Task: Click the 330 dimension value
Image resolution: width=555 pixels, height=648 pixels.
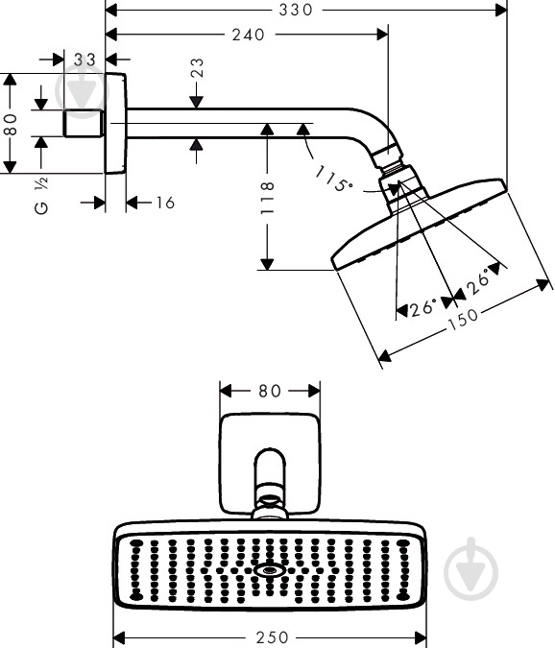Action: click(296, 10)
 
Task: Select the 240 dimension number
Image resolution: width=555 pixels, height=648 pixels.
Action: click(248, 35)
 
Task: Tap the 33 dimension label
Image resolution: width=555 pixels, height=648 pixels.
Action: click(84, 60)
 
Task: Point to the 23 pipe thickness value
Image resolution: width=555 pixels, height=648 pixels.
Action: click(197, 67)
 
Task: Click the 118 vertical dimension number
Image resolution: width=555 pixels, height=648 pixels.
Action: click(267, 197)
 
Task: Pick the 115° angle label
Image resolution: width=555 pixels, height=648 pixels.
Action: click(333, 179)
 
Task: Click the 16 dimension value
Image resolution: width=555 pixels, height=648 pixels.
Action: click(165, 203)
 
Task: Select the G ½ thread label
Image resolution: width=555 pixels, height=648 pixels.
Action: click(41, 196)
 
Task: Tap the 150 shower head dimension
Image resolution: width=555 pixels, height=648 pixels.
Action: click(463, 319)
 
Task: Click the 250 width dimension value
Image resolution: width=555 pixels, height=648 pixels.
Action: click(272, 637)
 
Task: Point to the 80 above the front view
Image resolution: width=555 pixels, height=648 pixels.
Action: click(270, 391)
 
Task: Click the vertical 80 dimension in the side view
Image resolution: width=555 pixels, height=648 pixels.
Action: click(10, 125)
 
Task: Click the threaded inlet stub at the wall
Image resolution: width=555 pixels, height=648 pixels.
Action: click(83, 123)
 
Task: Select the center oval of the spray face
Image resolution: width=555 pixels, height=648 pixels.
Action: click(269, 570)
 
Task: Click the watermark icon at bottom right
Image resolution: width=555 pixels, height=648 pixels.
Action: click(471, 568)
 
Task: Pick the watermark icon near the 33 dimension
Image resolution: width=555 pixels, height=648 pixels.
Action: click(82, 90)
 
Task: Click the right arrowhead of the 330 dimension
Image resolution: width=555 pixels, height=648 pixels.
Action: click(501, 10)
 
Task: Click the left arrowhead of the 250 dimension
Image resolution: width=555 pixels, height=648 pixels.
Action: click(119, 636)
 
